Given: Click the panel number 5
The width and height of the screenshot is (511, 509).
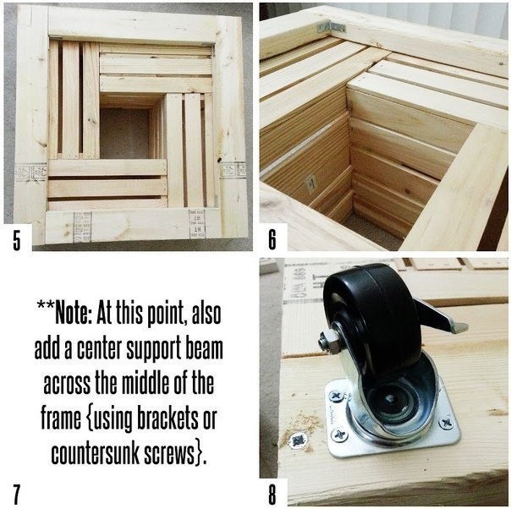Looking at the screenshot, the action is pos(17,239).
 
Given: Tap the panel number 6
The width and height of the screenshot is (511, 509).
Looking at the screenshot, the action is pos(272,239).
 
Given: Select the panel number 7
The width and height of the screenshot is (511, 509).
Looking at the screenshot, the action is pos(17,495).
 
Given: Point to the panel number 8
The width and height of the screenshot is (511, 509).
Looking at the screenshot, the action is pos(272,495).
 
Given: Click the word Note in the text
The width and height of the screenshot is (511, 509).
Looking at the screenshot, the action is pos(74,314).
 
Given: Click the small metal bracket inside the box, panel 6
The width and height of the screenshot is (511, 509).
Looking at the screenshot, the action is pos(310,184).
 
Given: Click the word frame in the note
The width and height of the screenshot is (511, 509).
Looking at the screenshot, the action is pos(61,419).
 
